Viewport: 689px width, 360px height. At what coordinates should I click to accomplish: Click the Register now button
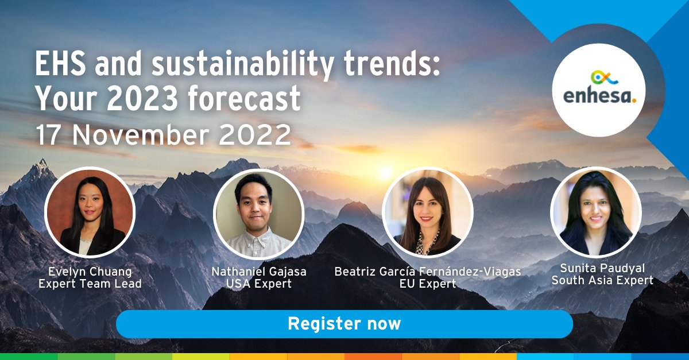(344, 324)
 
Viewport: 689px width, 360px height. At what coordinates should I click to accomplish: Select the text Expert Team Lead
(90, 283)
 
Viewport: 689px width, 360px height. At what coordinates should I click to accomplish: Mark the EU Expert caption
(428, 283)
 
